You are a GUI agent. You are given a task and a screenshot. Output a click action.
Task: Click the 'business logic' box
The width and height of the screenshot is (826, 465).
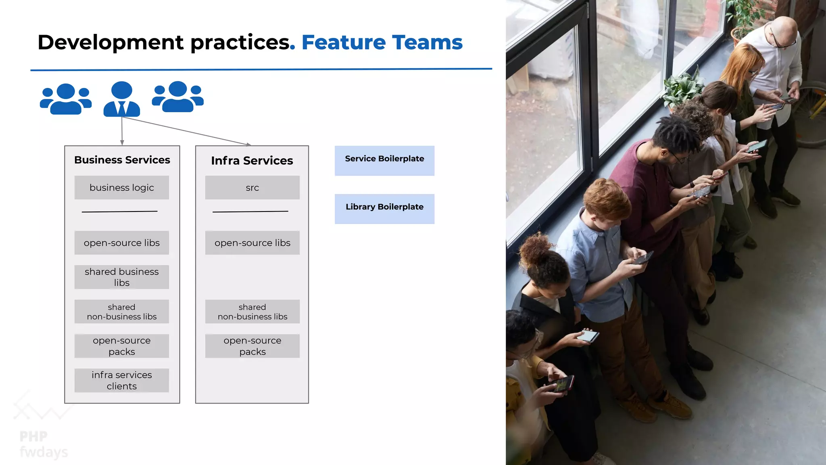pyautogui.click(x=121, y=187)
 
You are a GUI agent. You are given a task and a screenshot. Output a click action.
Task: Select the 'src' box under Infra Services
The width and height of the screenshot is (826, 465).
pyautogui.click(x=252, y=187)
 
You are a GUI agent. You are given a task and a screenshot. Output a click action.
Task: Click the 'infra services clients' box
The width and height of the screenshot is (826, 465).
pyautogui.click(x=121, y=380)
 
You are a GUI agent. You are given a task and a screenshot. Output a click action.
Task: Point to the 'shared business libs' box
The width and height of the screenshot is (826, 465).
pyautogui.click(x=121, y=277)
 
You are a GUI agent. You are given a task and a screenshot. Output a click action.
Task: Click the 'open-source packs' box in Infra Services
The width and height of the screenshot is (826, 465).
pyautogui.click(x=252, y=346)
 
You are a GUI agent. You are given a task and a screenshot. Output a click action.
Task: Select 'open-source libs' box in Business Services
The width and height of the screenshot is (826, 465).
pyautogui.click(x=121, y=243)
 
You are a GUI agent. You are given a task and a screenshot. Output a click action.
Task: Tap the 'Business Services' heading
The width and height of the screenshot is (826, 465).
pyautogui.click(x=122, y=160)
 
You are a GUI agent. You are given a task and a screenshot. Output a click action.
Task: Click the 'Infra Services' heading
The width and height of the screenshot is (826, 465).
pyautogui.click(x=252, y=161)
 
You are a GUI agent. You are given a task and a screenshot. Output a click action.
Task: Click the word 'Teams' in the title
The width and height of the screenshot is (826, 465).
pyautogui.click(x=427, y=42)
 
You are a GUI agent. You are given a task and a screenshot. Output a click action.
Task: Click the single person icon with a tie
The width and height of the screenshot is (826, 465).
pyautogui.click(x=121, y=99)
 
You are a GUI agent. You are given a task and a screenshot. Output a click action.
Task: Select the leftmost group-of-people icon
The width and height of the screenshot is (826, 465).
pyautogui.click(x=66, y=99)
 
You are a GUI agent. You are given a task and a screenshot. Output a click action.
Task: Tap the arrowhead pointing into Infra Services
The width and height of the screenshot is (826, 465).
pyautogui.click(x=248, y=144)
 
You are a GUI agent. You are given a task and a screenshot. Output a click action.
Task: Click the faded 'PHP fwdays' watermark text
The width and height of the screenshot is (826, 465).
pyautogui.click(x=43, y=444)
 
